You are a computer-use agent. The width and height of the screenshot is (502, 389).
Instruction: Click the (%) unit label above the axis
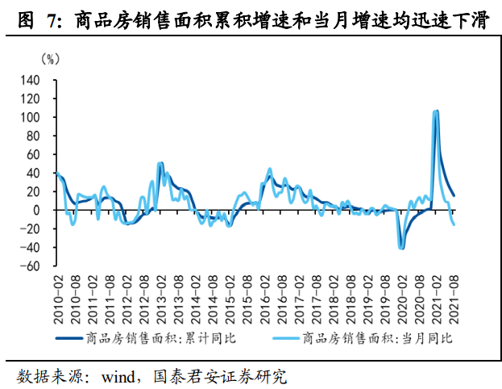[x=51, y=59]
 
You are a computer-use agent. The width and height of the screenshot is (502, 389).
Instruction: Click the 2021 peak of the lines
[x=436, y=111]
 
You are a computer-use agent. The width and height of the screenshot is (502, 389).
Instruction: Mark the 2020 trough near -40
[x=401, y=248]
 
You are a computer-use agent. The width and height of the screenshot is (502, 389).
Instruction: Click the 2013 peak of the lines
[x=160, y=164]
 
